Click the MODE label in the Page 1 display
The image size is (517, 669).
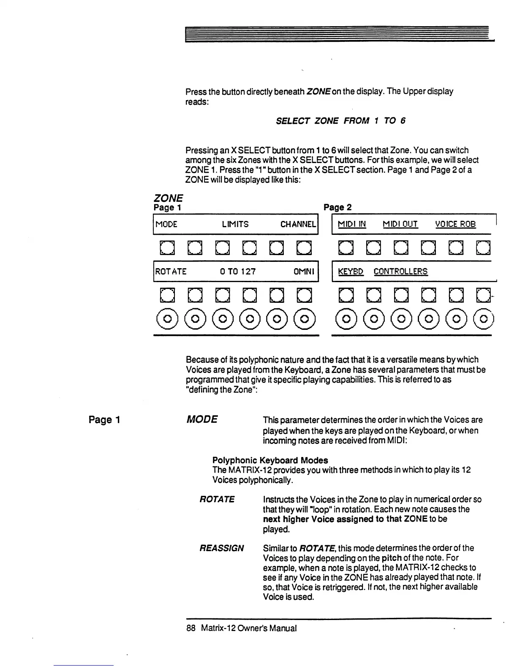coord(166,224)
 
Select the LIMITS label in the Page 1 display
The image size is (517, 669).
coord(235,224)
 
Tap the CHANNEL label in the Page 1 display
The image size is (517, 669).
coord(298,224)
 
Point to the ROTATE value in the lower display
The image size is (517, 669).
coord(171,272)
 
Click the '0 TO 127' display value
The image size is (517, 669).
coord(238,272)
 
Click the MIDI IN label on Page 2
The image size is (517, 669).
coord(352,224)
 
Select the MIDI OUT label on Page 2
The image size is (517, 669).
coord(400,224)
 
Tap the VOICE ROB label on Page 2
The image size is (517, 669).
coord(455,224)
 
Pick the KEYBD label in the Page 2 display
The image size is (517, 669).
coord(351,272)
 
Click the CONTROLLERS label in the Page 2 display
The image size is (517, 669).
coord(400,272)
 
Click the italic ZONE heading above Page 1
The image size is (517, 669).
coord(168,198)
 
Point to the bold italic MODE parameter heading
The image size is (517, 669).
coord(202,419)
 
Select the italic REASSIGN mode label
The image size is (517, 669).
coord(221,548)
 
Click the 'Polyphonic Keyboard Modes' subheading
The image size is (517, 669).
coord(270,460)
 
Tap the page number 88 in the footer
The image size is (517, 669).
coord(190,628)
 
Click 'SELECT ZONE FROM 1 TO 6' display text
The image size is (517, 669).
coord(340,121)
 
